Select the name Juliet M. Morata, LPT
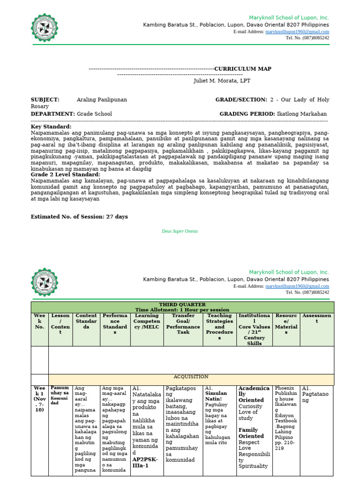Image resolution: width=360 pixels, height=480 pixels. [222, 81]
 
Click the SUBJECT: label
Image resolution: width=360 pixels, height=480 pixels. [45, 100]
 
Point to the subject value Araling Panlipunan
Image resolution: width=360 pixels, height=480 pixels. [102, 100]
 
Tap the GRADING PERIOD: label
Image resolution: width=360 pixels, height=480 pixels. [247, 114]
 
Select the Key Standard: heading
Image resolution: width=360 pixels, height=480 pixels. [51, 127]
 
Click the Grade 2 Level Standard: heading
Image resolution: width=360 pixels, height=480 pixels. [65, 175]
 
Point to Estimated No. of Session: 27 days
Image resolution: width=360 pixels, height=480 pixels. [79, 217]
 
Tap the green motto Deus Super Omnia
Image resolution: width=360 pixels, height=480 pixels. [180, 231]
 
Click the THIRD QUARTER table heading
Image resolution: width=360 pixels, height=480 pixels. [182, 305]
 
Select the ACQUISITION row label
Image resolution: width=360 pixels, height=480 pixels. [191, 376]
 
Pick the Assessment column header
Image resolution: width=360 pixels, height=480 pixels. [317, 319]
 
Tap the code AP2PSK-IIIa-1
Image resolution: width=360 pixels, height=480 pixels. [145, 463]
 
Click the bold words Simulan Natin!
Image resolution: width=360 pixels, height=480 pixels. [216, 397]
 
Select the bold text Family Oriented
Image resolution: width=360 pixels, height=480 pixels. [251, 433]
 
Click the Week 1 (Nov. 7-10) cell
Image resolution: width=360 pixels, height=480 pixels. [39, 399]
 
